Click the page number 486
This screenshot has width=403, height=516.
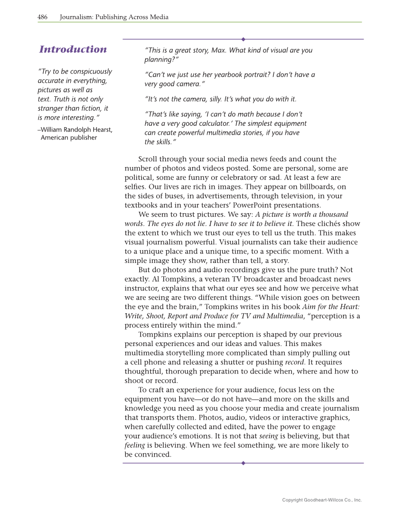42,17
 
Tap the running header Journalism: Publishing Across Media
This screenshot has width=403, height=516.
114,17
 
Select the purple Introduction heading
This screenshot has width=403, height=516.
73,49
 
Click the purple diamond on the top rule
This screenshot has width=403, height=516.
243,39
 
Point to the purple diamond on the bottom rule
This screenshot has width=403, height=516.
243,463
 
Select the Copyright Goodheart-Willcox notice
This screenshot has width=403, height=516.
322,500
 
